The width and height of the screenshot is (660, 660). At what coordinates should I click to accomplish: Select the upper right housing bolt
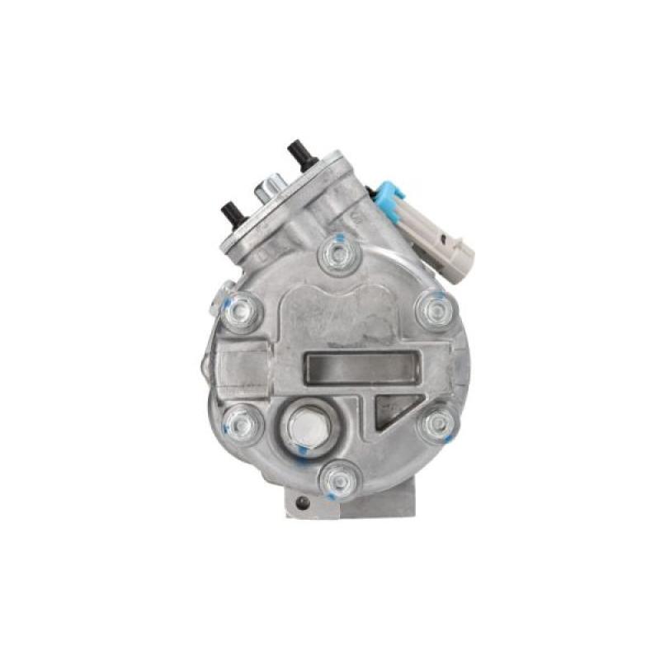pyautogui.click(x=434, y=311)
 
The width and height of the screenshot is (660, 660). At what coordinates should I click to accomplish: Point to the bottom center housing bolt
pyautogui.click(x=341, y=478)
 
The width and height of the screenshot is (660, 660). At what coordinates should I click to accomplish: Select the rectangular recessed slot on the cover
pyautogui.click(x=361, y=368)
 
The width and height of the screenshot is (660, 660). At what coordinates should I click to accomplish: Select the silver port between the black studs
pyautogui.click(x=268, y=189)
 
